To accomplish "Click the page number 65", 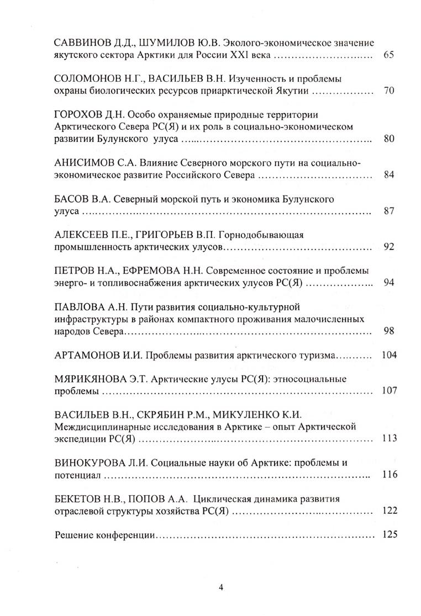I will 387,56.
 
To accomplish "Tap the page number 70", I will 388,91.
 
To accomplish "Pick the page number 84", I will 388,176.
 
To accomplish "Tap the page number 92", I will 388,247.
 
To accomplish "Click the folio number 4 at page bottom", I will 220,587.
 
